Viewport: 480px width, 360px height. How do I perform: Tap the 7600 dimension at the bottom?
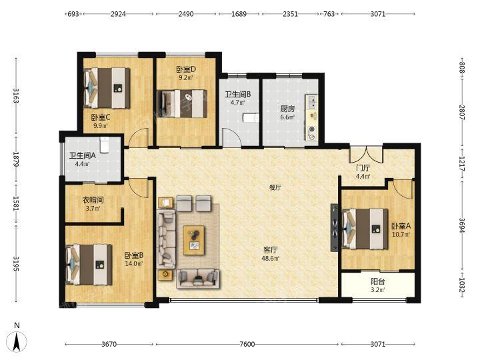pos(247,344)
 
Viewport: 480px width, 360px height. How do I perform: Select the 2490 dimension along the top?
pos(186,14)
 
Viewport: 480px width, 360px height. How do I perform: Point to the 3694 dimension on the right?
pos(462,225)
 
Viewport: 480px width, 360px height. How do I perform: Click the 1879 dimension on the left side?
pos(16,159)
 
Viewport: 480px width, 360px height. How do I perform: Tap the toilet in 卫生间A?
pos(105,145)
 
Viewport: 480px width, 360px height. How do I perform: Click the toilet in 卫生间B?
pos(251,118)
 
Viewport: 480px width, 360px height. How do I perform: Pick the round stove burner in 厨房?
pos(312,129)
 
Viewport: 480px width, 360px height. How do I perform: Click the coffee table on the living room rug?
pos(194,240)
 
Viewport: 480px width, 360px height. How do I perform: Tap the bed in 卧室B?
pos(89,265)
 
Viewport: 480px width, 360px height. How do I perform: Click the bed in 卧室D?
pos(182,103)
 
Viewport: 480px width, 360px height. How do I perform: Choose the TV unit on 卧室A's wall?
pos(334,227)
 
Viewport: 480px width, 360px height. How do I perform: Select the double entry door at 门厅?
pos(366,155)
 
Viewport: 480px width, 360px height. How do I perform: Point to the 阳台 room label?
pos(378,281)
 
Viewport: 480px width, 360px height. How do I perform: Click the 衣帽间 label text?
pos(93,200)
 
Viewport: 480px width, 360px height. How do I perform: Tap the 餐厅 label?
pos(275,187)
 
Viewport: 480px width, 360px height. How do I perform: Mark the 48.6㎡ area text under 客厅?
pos(270,259)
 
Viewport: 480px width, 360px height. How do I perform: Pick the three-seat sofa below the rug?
pos(198,279)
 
